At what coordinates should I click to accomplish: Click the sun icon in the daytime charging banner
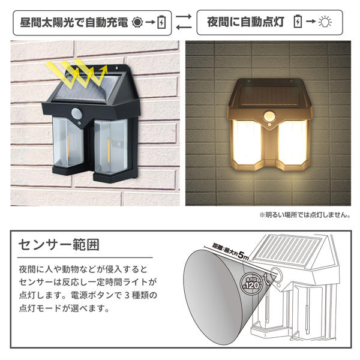137,23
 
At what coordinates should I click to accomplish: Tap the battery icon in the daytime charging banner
161,22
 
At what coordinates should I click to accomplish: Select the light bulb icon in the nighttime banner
325,22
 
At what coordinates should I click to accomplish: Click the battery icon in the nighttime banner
298,22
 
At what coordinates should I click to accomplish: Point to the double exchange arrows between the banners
184,22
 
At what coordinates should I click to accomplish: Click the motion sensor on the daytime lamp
77,113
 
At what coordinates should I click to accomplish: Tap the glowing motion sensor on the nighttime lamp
269,116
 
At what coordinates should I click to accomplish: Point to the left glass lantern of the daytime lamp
68,142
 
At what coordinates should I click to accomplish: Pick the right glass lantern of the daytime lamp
111,146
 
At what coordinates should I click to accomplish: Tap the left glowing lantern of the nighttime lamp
247,142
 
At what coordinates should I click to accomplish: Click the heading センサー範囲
59,245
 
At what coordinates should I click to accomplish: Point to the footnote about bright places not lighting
305,215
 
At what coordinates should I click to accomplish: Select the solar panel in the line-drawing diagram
288,251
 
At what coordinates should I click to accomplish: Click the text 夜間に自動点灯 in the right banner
245,22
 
